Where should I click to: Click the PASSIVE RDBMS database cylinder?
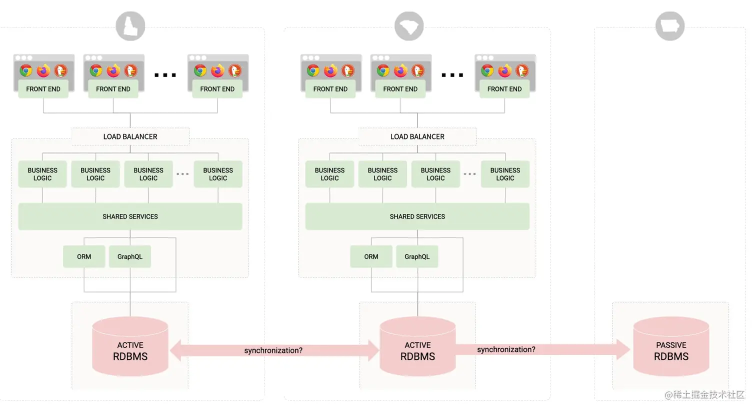(671, 347)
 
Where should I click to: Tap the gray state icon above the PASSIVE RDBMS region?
(669, 26)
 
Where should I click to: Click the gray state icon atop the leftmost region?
(130, 26)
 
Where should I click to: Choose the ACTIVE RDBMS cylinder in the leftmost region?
(130, 347)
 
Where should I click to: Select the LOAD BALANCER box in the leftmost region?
(130, 136)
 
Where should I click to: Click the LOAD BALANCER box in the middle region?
(417, 136)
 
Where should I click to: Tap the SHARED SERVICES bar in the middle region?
(417, 216)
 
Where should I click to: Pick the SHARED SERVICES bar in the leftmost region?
(130, 216)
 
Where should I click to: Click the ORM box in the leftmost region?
(84, 256)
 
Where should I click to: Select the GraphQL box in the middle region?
(417, 256)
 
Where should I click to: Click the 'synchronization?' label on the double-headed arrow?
(273, 350)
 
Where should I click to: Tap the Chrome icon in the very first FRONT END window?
(26, 70)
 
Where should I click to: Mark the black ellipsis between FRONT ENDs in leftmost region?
(165, 75)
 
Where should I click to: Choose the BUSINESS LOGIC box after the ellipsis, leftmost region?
(218, 174)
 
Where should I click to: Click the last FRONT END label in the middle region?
(504, 89)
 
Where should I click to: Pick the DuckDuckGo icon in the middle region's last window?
(521, 70)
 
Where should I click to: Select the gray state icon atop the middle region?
(408, 26)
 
